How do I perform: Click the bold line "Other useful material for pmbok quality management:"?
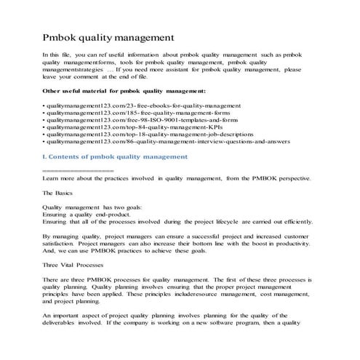click(135, 91)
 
